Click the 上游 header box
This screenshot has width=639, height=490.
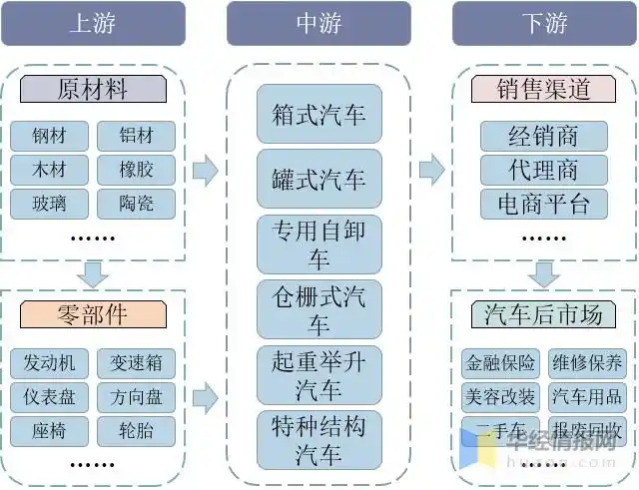pyautogui.click(x=93, y=23)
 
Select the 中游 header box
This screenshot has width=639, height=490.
pyautogui.click(x=319, y=23)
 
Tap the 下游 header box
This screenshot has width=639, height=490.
pyautogui.click(x=544, y=23)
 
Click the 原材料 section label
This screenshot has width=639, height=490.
pyautogui.click(x=94, y=89)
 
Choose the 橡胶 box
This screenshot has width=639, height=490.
pyautogui.click(x=136, y=170)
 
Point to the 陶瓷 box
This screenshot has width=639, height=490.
pyautogui.click(x=136, y=204)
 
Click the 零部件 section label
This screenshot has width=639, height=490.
pyautogui.click(x=94, y=314)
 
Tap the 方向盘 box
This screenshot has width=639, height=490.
pyautogui.click(x=136, y=397)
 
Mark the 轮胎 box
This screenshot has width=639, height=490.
pyautogui.click(x=136, y=431)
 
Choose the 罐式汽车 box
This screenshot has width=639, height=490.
pyautogui.click(x=319, y=179)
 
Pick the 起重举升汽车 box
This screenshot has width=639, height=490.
pyautogui.click(x=319, y=374)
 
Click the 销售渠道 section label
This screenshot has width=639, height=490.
pyautogui.click(x=544, y=89)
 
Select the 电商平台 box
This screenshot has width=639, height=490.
pyautogui.click(x=544, y=204)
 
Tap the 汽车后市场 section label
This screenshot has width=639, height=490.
pyautogui.click(x=544, y=314)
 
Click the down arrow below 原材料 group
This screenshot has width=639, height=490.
pyautogui.click(x=94, y=272)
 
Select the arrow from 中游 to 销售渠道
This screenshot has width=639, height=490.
pyautogui.click(x=431, y=170)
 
